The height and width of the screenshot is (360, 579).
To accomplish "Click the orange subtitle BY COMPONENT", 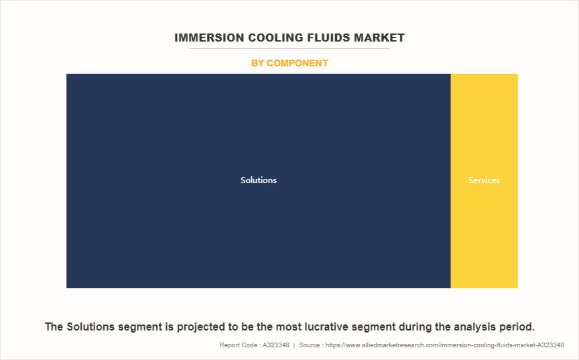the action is (x=289, y=63).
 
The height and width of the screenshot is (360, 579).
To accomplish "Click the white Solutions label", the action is (x=259, y=180).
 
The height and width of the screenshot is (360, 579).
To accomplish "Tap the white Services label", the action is (x=484, y=180).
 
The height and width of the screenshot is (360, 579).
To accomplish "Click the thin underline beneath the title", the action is (x=289, y=48).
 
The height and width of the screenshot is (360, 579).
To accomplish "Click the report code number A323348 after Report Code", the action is (x=276, y=345).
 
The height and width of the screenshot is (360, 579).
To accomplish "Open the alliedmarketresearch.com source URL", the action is (x=444, y=345).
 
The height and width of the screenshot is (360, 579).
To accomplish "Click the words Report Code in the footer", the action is (x=238, y=345).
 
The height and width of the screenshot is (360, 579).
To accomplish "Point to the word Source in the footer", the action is (x=309, y=345).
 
